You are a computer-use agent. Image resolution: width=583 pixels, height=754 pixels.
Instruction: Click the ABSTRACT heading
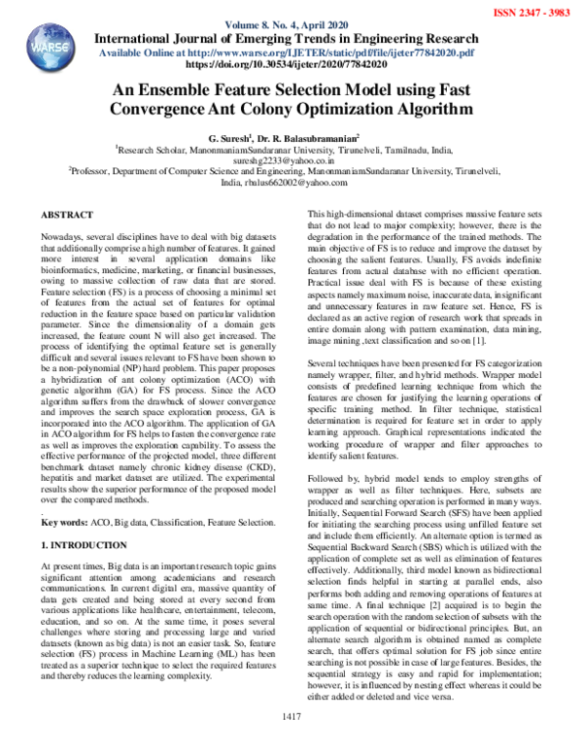67,213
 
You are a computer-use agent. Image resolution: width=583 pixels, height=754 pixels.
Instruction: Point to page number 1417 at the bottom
291,742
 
